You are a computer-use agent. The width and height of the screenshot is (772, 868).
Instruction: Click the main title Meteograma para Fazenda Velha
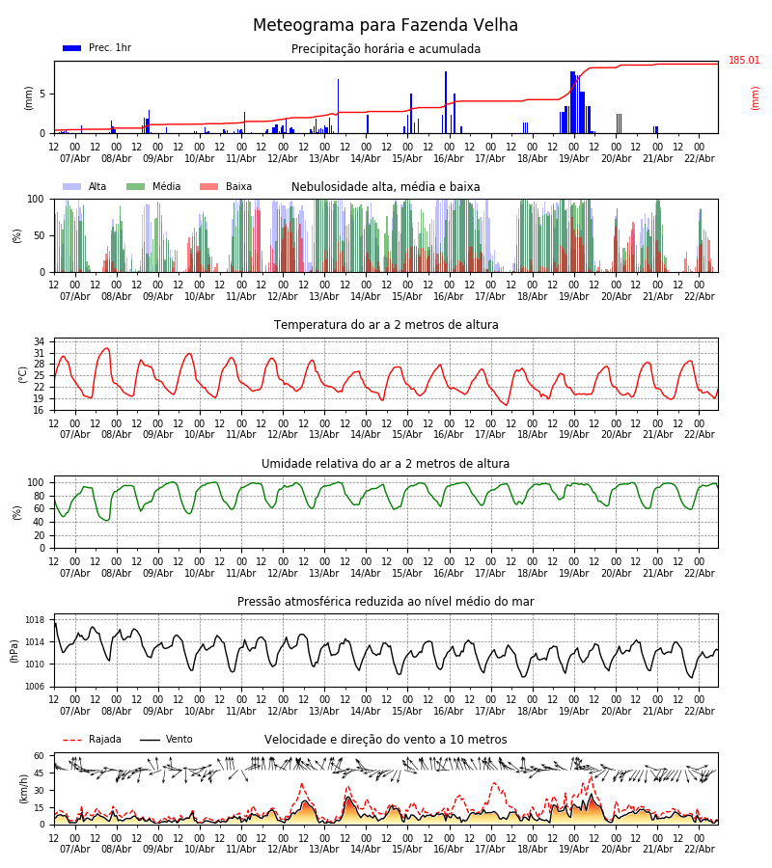coord(385,26)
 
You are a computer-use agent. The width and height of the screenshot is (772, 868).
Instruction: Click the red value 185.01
coord(744,61)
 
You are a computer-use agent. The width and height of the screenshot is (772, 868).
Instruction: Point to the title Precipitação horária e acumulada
coord(386,49)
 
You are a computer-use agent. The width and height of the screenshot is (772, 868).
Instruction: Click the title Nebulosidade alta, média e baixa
coord(386,187)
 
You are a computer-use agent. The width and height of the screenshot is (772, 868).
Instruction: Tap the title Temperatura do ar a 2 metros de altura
coord(386,325)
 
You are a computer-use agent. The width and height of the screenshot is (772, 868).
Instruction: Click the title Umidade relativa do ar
coord(386,464)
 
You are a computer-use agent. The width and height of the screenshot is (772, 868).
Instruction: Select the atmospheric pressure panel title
coord(386,602)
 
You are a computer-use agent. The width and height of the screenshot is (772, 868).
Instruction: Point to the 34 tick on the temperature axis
coord(40,341)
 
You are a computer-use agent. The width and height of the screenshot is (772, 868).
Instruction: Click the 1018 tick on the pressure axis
coord(36,620)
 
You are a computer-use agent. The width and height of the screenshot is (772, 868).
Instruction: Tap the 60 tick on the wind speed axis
coord(40,756)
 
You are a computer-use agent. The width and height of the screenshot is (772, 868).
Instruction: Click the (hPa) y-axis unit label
coord(15,650)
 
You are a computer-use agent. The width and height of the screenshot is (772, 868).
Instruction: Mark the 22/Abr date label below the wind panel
coord(700,849)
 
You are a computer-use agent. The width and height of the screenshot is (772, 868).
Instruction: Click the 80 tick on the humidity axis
coord(40,496)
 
